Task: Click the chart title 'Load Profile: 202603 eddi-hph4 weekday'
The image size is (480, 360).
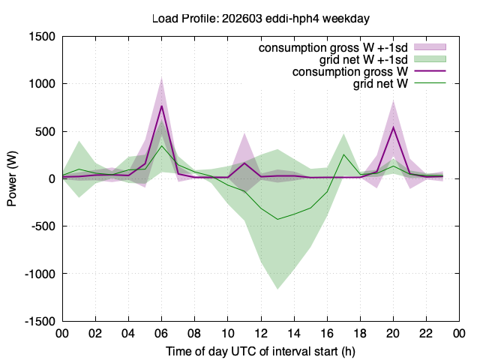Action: [261, 19]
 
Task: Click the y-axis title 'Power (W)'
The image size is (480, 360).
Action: [12, 178]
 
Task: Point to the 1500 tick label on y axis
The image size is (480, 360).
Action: [42, 37]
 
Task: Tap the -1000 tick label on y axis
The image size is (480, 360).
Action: [40, 274]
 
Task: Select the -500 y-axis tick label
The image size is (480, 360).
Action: [43, 226]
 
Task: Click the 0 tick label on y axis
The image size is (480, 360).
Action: [52, 179]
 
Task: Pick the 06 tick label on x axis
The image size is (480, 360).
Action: [161, 333]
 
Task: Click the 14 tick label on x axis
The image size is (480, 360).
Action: [293, 333]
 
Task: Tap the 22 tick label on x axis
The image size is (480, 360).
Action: [426, 333]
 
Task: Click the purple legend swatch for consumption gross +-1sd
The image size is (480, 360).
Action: [430, 46]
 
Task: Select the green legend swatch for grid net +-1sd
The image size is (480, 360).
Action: [430, 59]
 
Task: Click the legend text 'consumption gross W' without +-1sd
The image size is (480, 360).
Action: [350, 72]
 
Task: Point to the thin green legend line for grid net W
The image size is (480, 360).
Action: [430, 83]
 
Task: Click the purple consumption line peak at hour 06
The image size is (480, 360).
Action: [162, 106]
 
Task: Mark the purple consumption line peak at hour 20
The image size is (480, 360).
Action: [393, 127]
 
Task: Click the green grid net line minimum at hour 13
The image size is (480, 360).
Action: [277, 219]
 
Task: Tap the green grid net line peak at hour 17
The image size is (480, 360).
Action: [343, 154]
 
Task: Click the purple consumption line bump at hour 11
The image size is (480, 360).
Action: [244, 163]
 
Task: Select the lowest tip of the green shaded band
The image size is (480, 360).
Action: [277, 289]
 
